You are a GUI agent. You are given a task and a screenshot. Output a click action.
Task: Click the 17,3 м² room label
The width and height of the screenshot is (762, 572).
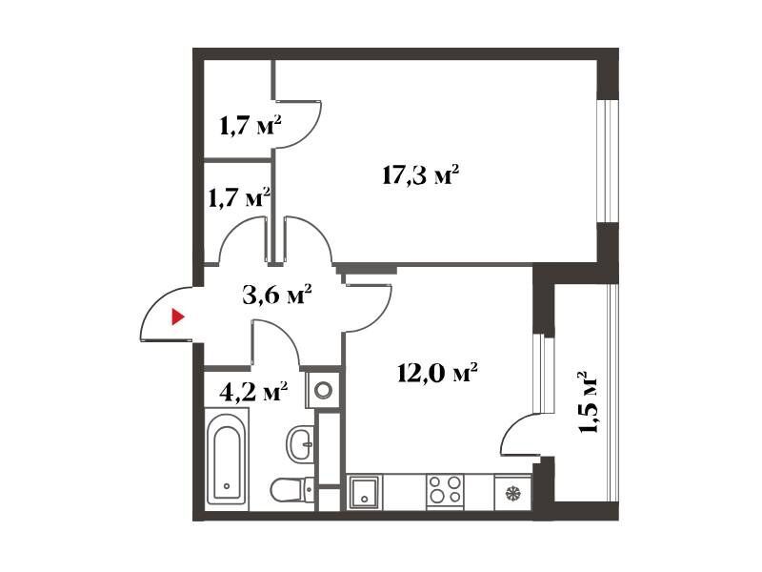[x=421, y=175]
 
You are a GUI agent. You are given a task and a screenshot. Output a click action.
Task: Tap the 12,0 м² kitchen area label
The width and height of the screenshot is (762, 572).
[x=437, y=374]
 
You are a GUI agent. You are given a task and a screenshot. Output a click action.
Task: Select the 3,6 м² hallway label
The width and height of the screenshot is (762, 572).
[x=277, y=295]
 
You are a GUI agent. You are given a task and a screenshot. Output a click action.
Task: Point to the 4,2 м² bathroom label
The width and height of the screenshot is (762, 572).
[x=253, y=392]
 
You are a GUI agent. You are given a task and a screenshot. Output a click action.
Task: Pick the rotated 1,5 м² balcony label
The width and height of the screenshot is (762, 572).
[x=587, y=402]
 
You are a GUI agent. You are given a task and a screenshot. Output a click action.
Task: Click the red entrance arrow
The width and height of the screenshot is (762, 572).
[x=178, y=317]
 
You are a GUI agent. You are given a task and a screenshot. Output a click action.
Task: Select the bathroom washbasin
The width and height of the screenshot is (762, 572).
[x=300, y=443]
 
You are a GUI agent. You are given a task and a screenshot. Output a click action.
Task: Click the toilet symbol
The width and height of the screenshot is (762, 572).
[x=292, y=490]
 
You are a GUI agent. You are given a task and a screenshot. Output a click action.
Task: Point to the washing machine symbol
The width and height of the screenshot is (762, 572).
[x=323, y=390]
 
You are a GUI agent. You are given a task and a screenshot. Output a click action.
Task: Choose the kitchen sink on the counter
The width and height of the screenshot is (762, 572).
[x=365, y=492]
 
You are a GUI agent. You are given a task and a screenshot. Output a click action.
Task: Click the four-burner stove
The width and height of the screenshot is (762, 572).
[x=445, y=490]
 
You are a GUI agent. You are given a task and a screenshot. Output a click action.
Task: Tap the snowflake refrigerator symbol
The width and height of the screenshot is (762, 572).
[x=512, y=493]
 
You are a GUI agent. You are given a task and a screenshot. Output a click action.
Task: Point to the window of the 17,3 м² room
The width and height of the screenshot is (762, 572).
[x=608, y=161]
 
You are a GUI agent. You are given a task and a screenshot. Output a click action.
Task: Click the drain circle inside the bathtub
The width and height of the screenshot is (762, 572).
[x=227, y=486]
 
